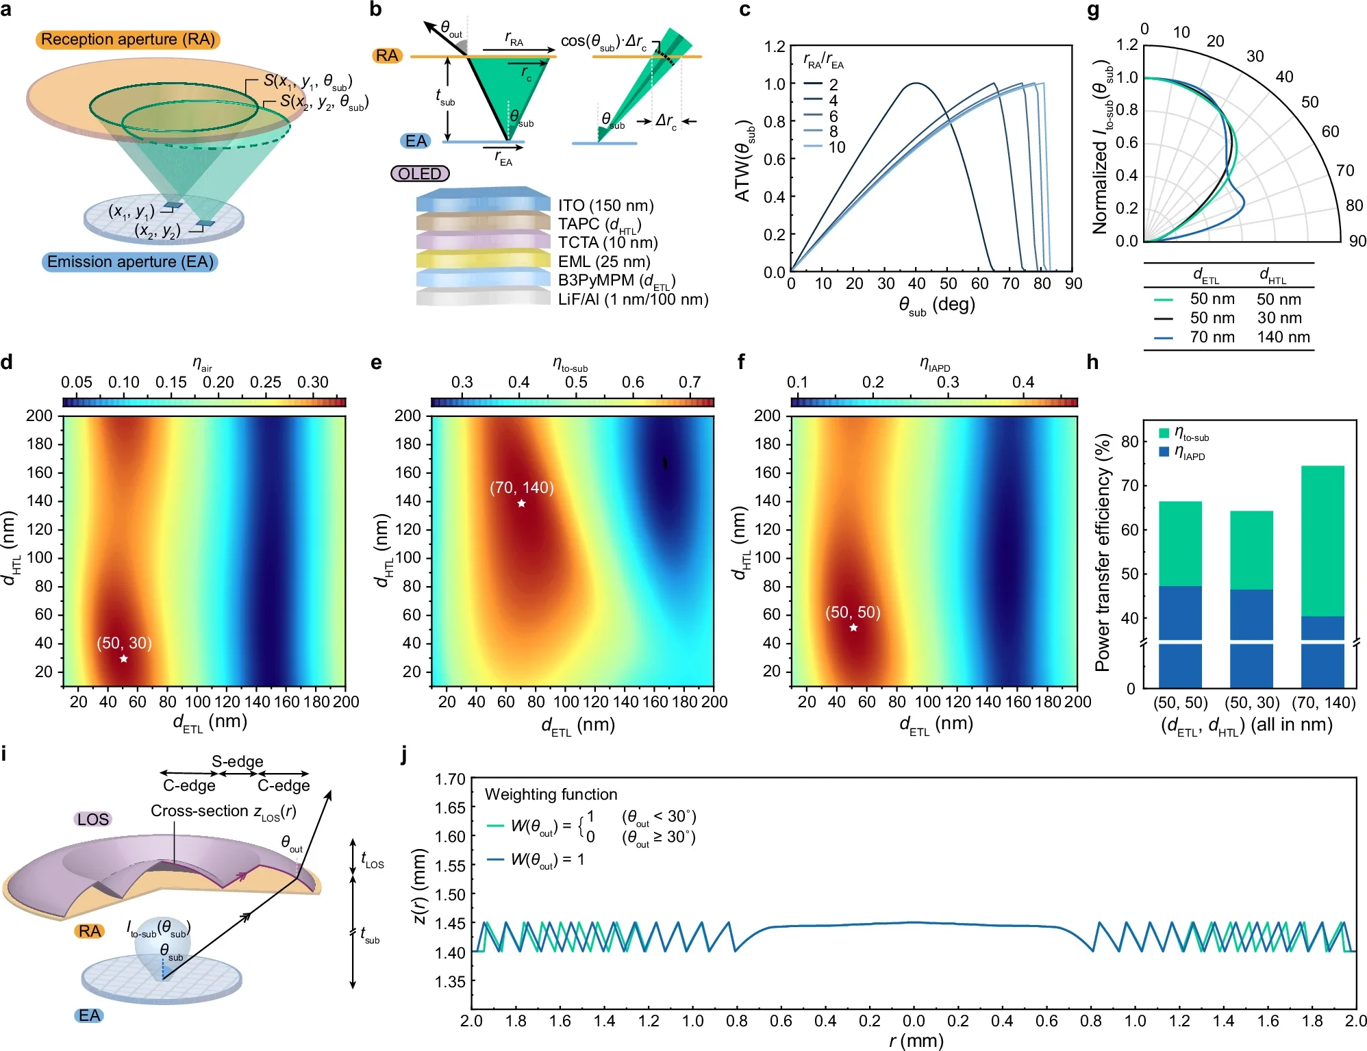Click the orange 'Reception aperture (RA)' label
point(127,40)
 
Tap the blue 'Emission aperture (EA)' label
point(130,262)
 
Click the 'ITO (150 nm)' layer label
point(605,205)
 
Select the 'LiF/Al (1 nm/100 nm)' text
point(633,299)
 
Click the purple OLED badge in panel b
point(420,174)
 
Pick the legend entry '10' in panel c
point(836,147)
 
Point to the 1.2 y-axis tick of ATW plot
point(775,47)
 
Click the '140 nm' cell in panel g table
point(1283,337)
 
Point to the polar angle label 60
point(1330,131)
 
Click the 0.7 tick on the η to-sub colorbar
point(690,382)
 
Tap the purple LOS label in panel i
point(93,820)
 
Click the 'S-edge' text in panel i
point(237,761)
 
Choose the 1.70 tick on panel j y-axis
point(450,779)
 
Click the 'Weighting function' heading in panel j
point(551,794)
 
